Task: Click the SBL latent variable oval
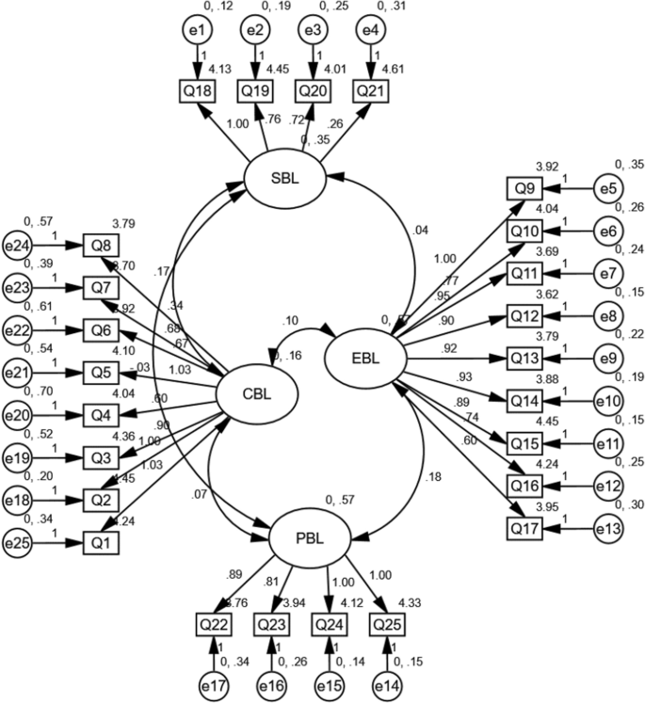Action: [x=285, y=176]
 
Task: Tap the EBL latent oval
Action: [x=365, y=357]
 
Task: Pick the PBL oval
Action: [x=310, y=542]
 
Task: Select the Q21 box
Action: [x=372, y=91]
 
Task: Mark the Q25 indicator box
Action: [x=387, y=624]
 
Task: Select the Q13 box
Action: [x=524, y=358]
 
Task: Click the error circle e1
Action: [x=197, y=31]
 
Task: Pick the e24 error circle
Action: [x=18, y=246]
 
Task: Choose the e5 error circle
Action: [x=609, y=188]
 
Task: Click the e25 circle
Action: [x=18, y=542]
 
